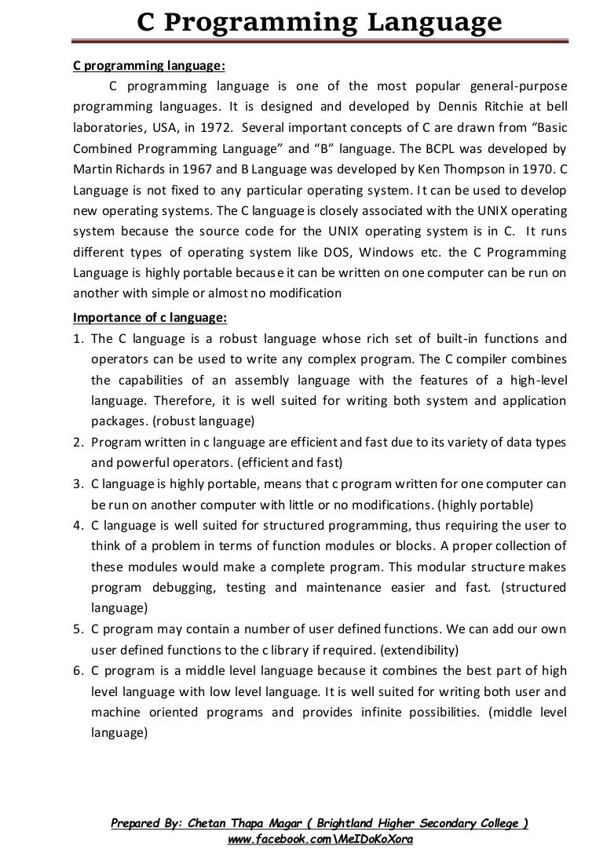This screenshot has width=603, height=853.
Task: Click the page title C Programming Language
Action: click(x=320, y=23)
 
